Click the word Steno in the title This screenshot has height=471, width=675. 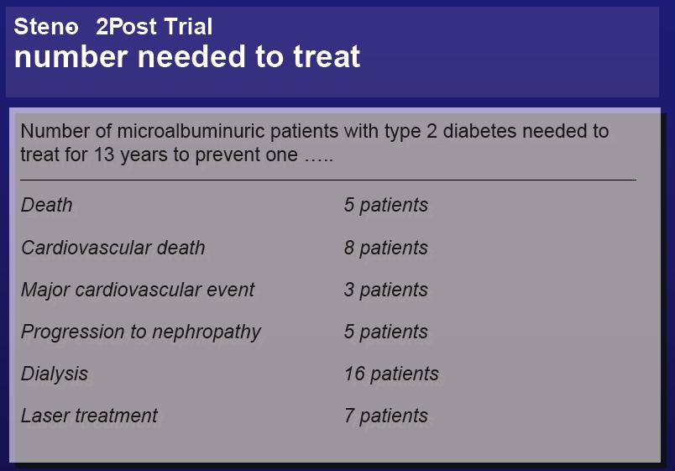click(46, 26)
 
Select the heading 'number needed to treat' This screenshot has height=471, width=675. click(187, 56)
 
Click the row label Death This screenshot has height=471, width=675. click(46, 205)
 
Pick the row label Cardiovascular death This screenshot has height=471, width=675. click(112, 248)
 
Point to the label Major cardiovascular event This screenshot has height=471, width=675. click(138, 290)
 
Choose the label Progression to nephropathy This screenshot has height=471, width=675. click(141, 332)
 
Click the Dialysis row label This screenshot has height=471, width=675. click(55, 374)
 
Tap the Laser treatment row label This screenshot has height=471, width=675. click(89, 416)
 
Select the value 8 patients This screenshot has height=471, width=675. click(385, 248)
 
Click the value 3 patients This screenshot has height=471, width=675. click(385, 290)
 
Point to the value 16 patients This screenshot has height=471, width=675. click(391, 374)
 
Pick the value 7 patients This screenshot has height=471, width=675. click(385, 416)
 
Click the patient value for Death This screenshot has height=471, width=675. click(385, 205)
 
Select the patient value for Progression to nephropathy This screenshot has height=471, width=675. click(385, 332)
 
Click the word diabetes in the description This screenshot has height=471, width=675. click(479, 131)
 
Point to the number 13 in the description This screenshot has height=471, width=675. click(104, 154)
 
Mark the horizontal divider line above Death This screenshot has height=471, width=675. click(328, 180)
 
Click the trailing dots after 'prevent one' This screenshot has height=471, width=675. click(318, 160)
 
